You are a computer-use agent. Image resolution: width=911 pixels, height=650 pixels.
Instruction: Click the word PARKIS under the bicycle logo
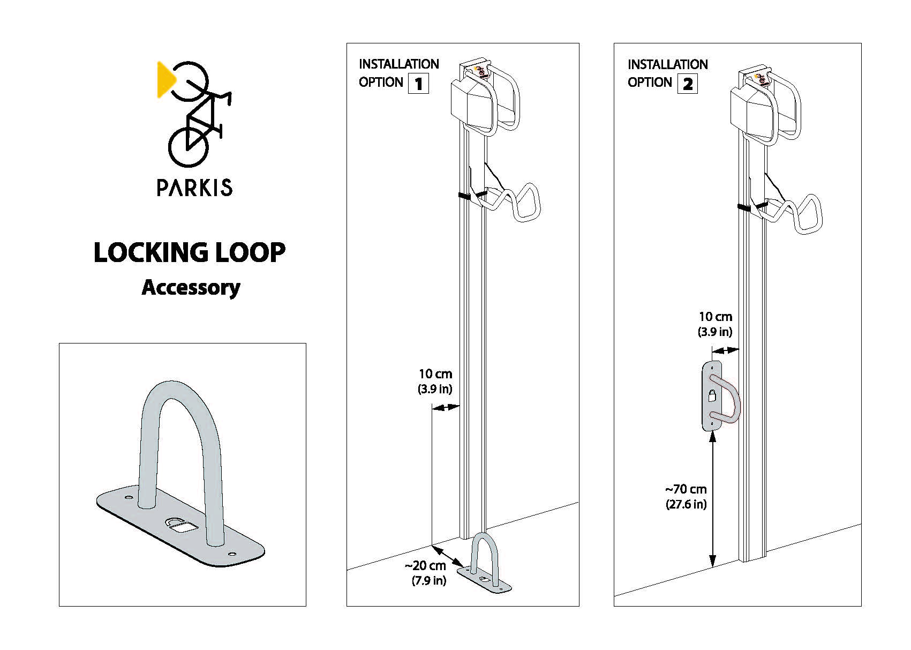tap(194, 188)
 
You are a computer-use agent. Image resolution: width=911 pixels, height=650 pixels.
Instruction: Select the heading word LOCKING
tap(150, 252)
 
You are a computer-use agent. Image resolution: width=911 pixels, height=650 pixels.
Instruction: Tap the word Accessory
tap(191, 287)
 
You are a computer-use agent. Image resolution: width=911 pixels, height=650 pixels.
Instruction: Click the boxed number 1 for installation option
tap(418, 84)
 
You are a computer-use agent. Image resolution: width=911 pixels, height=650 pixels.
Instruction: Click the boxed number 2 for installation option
tap(688, 84)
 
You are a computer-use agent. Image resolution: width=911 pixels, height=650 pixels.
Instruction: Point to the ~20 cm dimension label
tap(425, 566)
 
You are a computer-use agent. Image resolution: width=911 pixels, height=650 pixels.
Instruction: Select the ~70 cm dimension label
tap(686, 489)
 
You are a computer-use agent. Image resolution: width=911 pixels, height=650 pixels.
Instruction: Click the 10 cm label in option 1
tap(435, 374)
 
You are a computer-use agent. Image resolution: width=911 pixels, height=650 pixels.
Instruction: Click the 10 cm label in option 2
tap(715, 317)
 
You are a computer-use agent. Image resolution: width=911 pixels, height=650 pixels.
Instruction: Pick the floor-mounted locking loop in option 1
tap(485, 563)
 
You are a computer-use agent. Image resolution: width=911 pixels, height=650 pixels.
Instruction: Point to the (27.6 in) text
tap(686, 504)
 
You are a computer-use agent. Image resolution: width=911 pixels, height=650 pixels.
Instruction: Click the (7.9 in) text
tap(428, 580)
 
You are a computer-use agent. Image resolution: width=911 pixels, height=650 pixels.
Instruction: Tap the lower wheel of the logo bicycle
tap(188, 146)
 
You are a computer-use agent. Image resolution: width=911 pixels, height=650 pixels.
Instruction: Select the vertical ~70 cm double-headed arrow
tap(712, 498)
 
